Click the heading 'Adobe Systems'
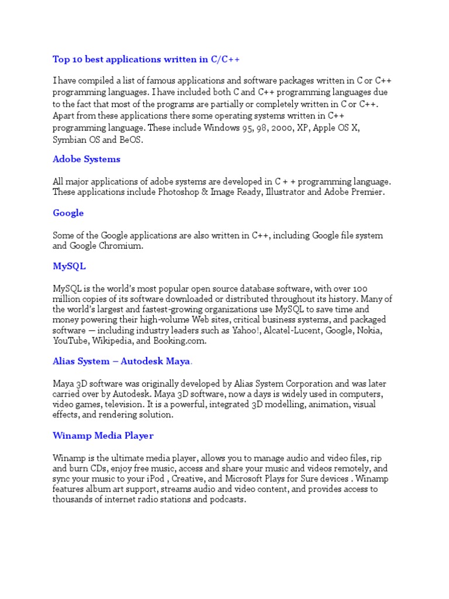point(87,159)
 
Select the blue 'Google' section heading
point(68,213)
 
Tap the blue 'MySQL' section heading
point(69,266)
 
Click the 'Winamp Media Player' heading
point(103,436)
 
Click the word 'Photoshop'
point(178,192)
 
